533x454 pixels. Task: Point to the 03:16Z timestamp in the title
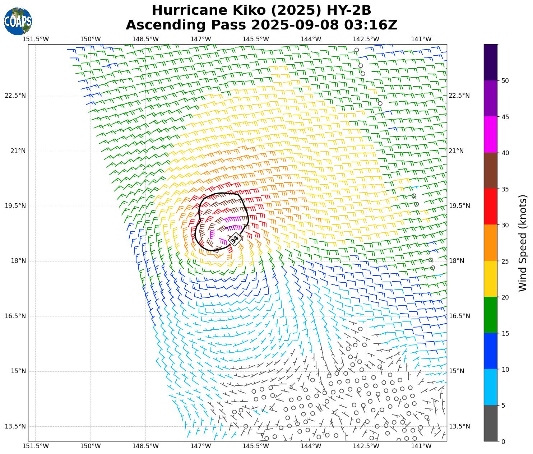(371, 25)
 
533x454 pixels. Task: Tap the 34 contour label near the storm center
(235, 239)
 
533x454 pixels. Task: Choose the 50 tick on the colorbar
(505, 81)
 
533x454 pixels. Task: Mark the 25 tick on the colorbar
(505, 261)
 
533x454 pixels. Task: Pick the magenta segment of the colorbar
(491, 135)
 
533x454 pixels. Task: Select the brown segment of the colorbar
(491, 171)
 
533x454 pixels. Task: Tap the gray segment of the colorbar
(491, 423)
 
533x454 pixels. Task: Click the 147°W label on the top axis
(200, 39)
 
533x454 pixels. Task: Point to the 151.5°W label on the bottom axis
(35, 446)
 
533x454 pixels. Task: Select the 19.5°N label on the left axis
(15, 206)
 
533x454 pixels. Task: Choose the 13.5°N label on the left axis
(15, 426)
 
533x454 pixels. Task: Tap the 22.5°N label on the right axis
(459, 96)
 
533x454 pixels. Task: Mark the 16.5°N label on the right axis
(459, 316)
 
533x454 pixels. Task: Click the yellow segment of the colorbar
(491, 279)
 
